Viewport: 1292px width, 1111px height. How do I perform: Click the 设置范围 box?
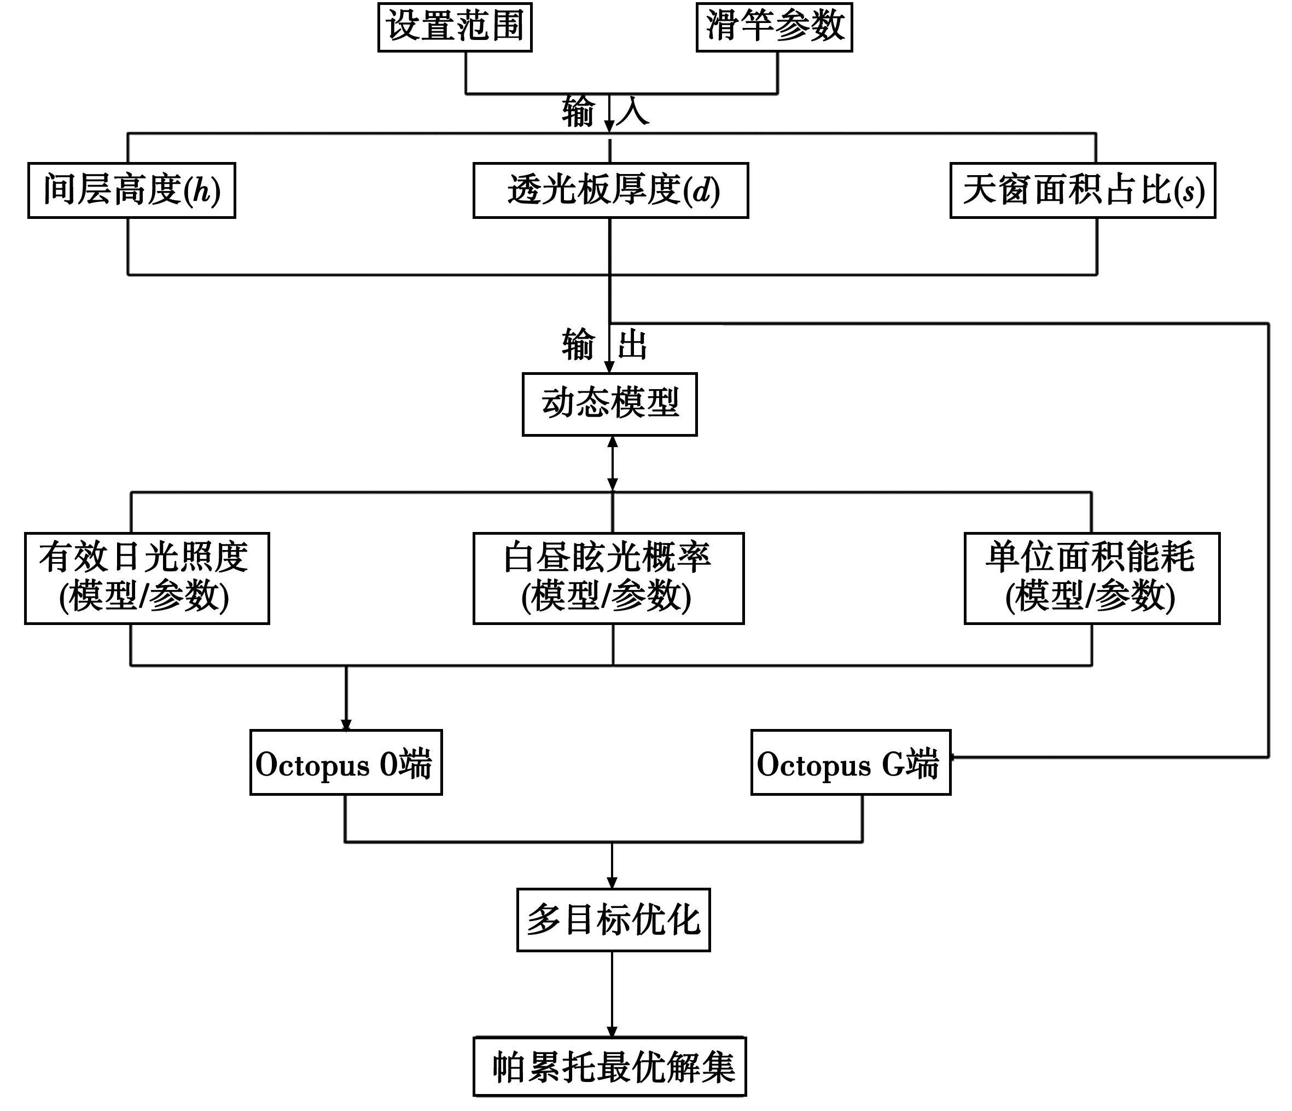tap(455, 27)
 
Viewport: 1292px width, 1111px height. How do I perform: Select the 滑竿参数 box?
tap(774, 27)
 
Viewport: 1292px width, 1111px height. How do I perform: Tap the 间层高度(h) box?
tap(132, 190)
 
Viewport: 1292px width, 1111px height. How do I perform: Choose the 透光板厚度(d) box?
tap(610, 190)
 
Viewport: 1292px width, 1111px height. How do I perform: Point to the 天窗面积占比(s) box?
tap(1083, 190)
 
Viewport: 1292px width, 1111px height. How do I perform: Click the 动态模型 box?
tap(609, 404)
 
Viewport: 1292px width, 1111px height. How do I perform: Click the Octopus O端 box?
tap(346, 762)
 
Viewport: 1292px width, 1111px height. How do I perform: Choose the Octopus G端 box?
tap(851, 762)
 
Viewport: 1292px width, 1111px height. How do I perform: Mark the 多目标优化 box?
tap(613, 919)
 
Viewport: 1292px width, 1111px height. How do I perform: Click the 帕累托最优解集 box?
tap(610, 1067)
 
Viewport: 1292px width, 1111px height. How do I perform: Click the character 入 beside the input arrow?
tap(633, 112)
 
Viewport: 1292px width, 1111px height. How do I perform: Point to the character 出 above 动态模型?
tap(632, 344)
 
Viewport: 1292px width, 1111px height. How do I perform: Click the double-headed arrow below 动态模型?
tap(612, 464)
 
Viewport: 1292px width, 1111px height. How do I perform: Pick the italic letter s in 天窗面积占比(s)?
tap(1189, 192)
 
